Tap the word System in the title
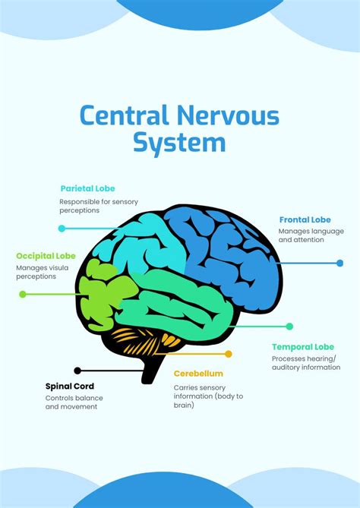179,143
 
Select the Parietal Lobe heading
87,188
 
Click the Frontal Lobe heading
305,219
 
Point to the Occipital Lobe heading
45,256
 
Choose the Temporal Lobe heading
302,347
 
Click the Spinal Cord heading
70,386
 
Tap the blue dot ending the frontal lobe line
339,263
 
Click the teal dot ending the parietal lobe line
62,228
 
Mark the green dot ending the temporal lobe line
289,327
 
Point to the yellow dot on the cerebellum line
229,354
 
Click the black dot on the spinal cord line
77,371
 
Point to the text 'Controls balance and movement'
74,402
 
